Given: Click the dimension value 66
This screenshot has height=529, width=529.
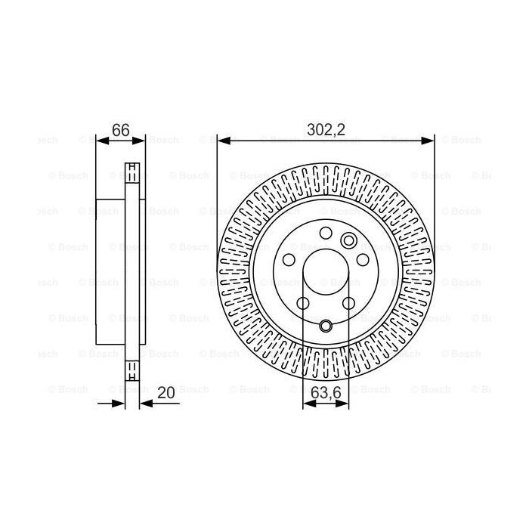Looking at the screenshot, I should [120, 129].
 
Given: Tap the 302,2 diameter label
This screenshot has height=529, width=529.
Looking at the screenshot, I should [326, 129].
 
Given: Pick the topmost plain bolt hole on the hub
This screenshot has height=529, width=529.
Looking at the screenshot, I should [326, 233].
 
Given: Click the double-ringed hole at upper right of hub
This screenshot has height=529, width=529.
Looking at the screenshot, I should [349, 241].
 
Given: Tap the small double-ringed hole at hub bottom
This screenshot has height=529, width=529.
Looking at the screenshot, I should [326, 326].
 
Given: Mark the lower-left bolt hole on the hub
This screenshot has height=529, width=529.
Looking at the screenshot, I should [303, 303].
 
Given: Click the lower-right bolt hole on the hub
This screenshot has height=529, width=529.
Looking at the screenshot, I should [348, 303].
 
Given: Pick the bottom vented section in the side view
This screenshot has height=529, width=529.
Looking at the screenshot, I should [132, 370].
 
